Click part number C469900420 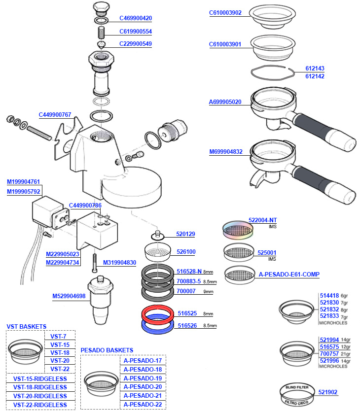tap(136, 18)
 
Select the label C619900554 tap(136, 32)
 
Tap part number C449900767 tap(55, 115)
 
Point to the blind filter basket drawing tap(297, 392)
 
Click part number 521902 tap(328, 392)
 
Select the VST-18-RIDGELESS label tap(40, 387)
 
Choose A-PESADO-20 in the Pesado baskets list tap(143, 387)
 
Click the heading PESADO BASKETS tap(107, 350)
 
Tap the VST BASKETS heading tap(27, 326)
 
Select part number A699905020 tap(225, 103)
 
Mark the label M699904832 tap(226, 152)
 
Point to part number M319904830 tap(119, 263)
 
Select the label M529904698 tap(69, 296)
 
